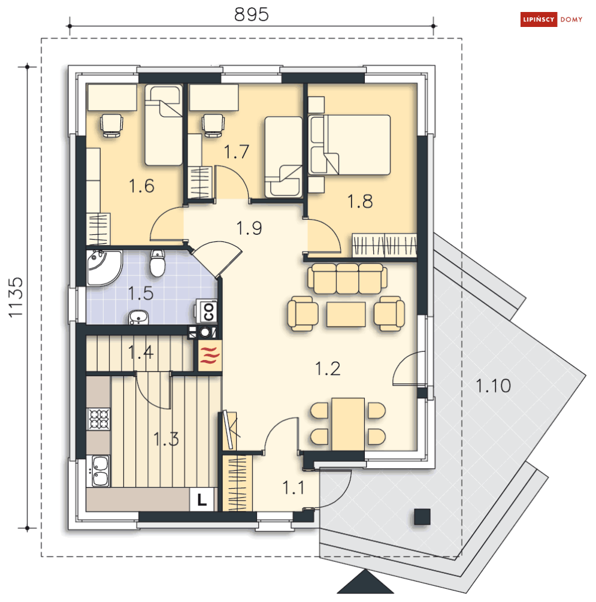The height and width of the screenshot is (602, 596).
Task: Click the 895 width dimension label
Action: point(251,14)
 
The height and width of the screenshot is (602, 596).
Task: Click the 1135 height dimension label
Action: point(16,298)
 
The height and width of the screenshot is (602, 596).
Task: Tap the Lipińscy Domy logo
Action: point(552,19)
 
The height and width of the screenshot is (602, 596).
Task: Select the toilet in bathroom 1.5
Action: point(158,263)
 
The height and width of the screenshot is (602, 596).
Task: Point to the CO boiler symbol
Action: point(207,311)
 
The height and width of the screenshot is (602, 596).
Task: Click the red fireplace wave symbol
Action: point(210,355)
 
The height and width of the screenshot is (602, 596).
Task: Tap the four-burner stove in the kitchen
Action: point(99,419)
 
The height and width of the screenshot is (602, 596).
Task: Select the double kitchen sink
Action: point(99,471)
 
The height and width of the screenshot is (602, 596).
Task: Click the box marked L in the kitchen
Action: point(202,499)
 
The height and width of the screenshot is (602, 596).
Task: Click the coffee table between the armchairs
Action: point(346,314)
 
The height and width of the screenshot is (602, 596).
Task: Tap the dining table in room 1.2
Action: point(348,424)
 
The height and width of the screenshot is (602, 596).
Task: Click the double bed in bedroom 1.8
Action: point(349,145)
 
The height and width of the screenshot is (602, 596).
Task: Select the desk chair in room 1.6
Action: point(111,125)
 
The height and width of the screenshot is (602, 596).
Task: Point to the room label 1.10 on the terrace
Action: point(493,386)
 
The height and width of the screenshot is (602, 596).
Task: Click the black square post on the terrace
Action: point(422,516)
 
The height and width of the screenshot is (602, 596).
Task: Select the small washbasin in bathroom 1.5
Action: point(138,317)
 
